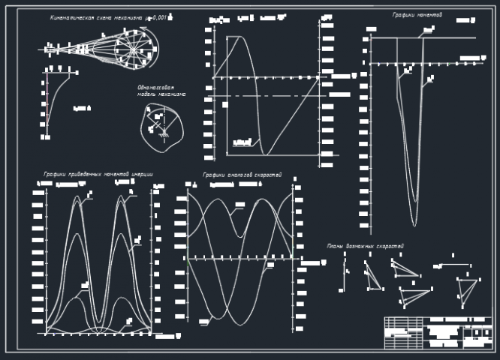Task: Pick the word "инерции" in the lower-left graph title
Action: [142, 175]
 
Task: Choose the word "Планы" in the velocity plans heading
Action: [336, 246]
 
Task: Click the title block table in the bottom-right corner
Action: [438, 332]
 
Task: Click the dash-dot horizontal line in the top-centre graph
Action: [270, 96]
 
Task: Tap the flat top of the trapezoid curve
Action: [233, 37]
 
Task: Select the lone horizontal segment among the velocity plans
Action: [453, 264]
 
